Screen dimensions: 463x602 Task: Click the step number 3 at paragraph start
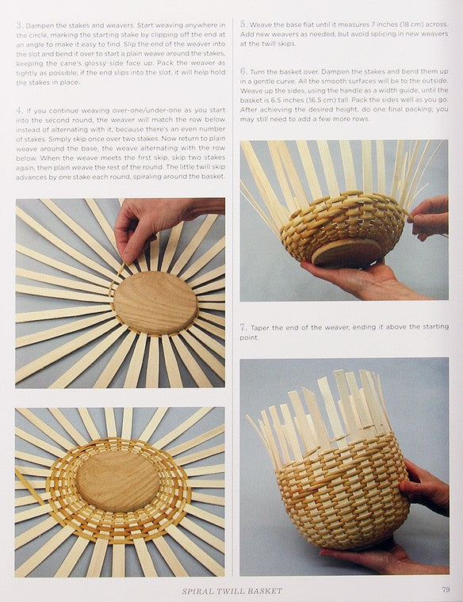pos(20,25)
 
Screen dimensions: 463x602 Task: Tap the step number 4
pos(20,111)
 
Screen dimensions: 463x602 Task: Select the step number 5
pos(243,25)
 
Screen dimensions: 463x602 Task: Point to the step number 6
pos(243,71)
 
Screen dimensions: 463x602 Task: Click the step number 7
pos(243,327)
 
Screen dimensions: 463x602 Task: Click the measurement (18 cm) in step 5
pos(411,25)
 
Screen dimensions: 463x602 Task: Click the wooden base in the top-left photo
pos(155,303)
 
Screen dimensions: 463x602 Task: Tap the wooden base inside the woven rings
pos(117,481)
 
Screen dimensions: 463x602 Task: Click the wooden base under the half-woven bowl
pos(346,253)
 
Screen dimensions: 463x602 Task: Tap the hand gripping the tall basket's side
pos(427,488)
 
